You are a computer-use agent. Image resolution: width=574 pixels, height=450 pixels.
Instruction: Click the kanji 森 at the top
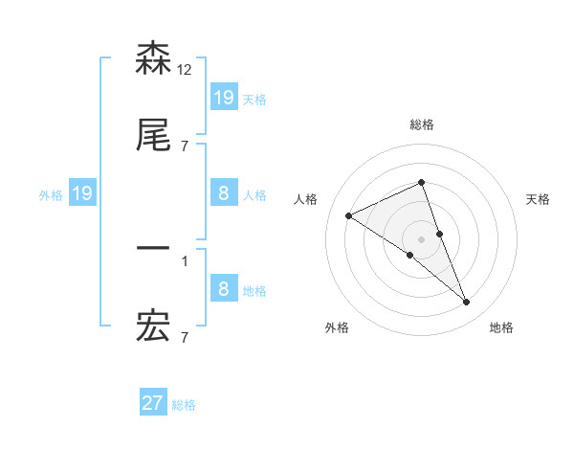153,58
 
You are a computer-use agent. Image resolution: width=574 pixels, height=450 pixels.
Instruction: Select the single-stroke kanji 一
153,249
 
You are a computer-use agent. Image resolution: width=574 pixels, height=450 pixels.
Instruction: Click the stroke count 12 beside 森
185,69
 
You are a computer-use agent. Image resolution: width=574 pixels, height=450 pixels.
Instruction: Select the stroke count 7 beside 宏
184,337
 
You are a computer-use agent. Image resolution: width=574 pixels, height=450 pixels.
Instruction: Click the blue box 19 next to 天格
224,97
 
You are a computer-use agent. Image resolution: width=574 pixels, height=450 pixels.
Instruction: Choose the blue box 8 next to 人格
224,193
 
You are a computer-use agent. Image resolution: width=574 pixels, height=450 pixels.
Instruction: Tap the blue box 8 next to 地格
224,289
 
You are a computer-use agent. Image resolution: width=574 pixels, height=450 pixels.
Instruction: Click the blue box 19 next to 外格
82,193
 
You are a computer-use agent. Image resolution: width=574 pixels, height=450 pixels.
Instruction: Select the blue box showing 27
153,403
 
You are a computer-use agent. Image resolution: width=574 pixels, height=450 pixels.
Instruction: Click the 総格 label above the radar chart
421,124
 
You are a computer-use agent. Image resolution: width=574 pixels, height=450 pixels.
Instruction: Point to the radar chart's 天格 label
538,199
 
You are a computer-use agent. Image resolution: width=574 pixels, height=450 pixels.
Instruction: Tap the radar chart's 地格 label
501,327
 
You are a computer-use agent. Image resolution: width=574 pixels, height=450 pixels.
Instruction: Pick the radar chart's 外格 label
337,327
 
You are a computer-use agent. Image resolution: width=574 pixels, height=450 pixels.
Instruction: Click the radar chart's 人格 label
306,199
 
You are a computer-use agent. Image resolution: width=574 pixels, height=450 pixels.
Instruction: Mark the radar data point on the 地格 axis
467,303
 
